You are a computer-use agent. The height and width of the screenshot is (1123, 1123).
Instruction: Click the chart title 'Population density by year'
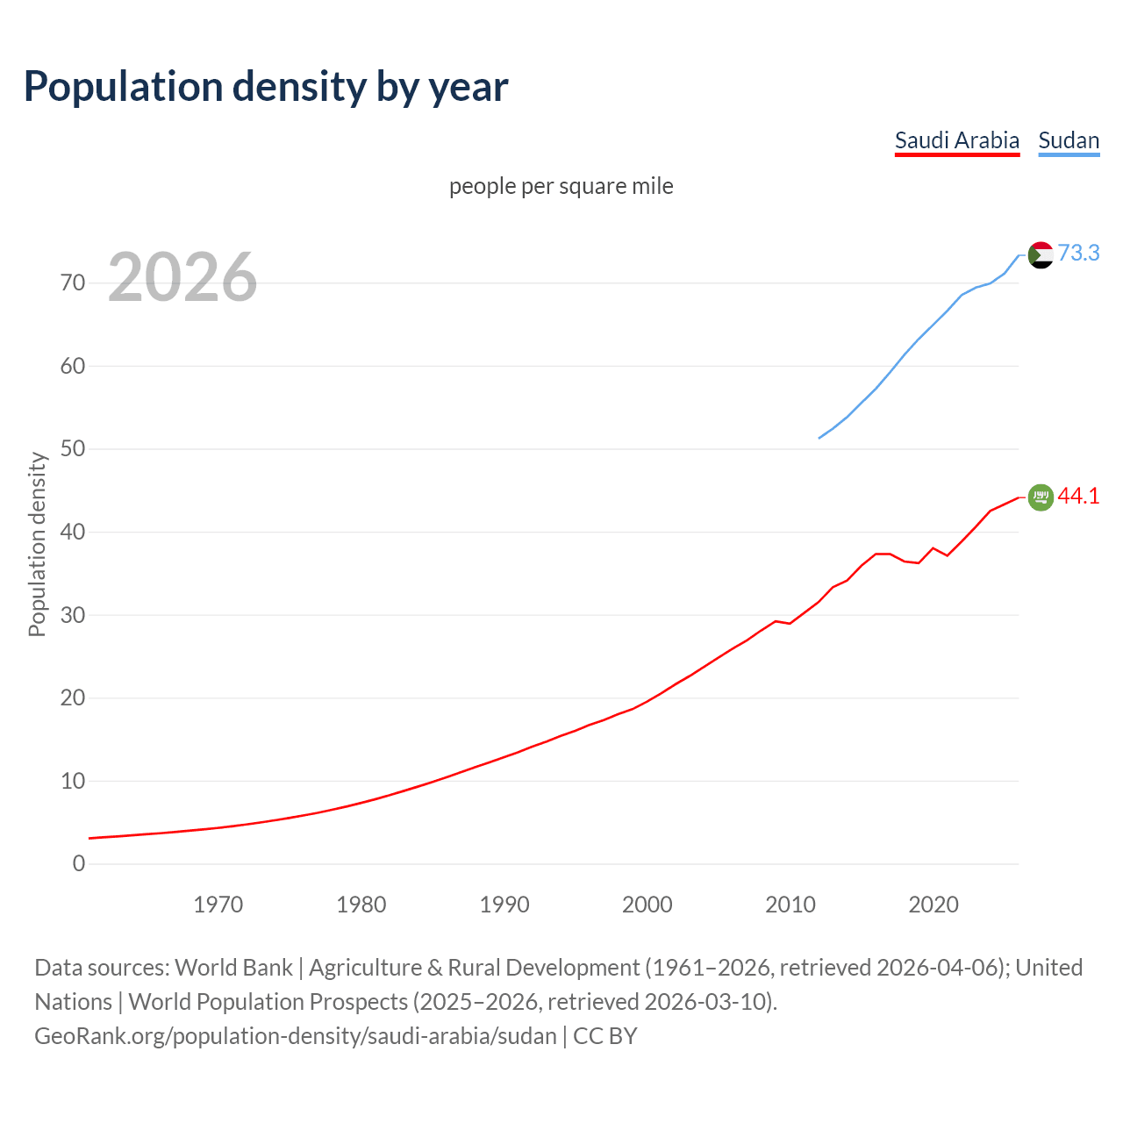coord(266,87)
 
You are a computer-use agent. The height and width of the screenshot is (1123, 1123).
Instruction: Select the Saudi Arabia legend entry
coord(956,140)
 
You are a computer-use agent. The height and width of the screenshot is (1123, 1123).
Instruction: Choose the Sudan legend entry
coord(1068,140)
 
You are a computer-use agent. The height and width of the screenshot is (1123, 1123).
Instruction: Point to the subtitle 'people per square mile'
coord(561,187)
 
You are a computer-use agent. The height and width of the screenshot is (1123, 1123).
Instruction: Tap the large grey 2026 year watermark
coord(182,277)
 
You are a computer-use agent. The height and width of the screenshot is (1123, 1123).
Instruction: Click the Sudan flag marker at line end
coord(1041,255)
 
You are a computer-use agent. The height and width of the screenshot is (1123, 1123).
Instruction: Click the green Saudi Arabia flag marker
coord(1041,497)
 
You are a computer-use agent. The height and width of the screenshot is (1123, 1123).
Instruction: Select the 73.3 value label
coord(1078,254)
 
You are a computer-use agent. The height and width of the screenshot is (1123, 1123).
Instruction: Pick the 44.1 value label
coord(1078,497)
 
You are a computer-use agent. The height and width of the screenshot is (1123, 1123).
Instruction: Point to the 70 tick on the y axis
coord(73,283)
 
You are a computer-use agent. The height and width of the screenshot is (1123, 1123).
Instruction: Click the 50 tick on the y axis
coord(73,449)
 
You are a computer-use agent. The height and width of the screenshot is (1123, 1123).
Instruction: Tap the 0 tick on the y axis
coord(79,864)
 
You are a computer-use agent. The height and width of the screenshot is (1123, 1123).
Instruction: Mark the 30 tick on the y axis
coord(73,615)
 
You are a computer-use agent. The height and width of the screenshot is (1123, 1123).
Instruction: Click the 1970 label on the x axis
coord(218,905)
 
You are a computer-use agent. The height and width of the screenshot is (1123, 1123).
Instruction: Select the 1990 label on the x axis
coord(504,905)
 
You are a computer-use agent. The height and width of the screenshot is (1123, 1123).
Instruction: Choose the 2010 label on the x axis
coord(790,905)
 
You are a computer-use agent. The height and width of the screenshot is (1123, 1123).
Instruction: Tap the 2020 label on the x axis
coord(933,905)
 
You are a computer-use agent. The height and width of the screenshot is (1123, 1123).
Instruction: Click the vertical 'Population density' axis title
coord(37,544)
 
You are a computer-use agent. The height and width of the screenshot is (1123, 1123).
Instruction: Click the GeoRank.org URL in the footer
coord(296,1036)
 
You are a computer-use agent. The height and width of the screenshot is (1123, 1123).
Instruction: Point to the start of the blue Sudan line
coord(819,438)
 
